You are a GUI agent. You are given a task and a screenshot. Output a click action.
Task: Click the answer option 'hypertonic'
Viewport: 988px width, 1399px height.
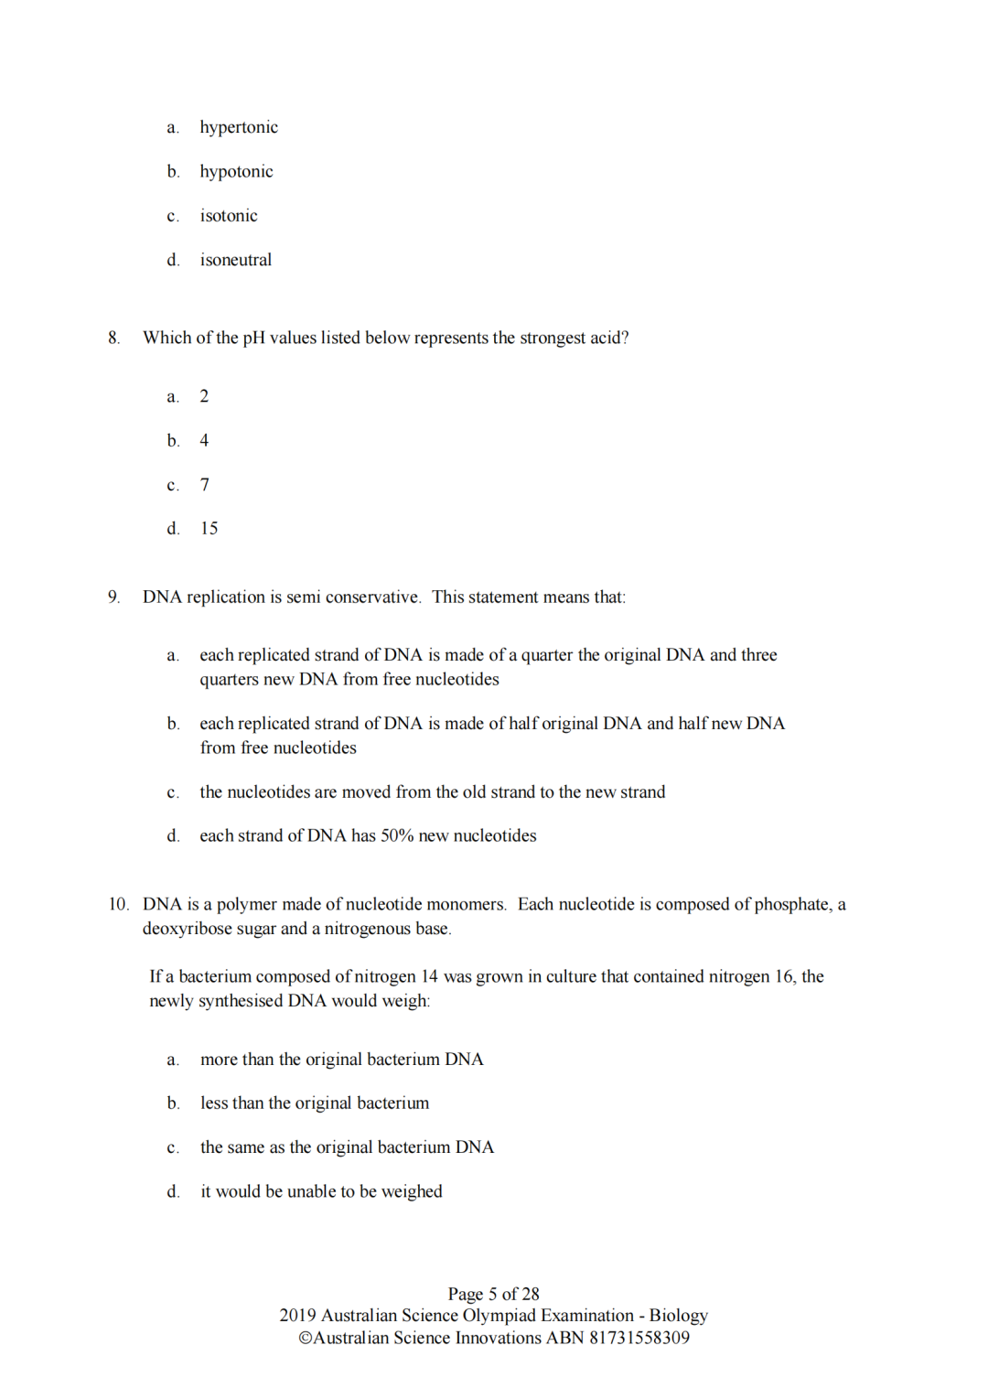click(239, 127)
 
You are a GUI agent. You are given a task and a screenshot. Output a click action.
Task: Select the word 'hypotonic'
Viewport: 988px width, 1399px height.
click(236, 172)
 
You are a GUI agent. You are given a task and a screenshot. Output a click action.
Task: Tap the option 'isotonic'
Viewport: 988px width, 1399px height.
click(229, 216)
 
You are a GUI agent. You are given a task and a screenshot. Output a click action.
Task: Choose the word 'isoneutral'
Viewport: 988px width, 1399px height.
click(236, 260)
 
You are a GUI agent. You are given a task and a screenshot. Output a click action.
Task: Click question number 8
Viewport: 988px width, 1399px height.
click(113, 338)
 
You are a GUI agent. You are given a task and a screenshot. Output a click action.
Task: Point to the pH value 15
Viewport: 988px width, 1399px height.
click(209, 529)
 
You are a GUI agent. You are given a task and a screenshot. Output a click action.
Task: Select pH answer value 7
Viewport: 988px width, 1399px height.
click(205, 485)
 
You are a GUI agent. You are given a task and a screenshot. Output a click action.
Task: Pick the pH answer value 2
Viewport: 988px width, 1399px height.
click(204, 396)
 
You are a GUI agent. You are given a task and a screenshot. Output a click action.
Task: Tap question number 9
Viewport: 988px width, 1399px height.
click(113, 597)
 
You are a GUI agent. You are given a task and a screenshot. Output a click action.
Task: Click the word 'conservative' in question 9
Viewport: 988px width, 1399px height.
click(372, 597)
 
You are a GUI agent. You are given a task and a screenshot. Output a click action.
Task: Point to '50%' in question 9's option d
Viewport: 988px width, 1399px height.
click(397, 836)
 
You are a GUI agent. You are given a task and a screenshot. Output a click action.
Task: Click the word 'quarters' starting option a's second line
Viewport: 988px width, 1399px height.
click(231, 680)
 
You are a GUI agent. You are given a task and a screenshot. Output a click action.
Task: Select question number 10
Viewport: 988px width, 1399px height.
click(118, 905)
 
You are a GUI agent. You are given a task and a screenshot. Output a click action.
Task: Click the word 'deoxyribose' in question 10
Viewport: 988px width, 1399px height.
click(188, 929)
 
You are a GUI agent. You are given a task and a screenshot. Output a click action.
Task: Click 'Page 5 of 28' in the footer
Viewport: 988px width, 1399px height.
click(493, 1294)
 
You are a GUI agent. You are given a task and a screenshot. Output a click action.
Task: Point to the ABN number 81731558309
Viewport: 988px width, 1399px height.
click(639, 1338)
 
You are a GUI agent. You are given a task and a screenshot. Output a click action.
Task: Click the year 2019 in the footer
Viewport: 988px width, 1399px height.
click(297, 1316)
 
